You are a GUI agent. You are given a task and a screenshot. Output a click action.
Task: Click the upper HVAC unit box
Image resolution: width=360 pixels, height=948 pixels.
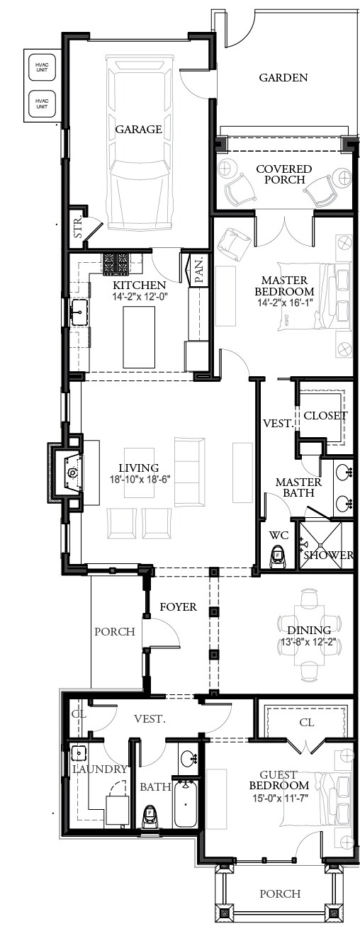click(42, 67)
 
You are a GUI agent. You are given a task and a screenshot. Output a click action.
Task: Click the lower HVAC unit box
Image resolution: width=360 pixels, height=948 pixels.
click(42, 103)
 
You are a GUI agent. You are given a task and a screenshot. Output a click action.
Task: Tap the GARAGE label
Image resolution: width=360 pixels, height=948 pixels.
click(138, 129)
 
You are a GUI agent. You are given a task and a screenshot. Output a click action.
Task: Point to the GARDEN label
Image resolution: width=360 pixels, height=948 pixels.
click(283, 77)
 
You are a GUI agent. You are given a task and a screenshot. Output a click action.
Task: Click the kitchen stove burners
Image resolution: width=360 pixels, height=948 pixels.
click(116, 263)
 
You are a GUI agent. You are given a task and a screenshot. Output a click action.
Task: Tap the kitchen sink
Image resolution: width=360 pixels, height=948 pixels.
click(79, 312)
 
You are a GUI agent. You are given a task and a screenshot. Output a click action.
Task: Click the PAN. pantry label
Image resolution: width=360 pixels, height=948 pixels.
click(201, 270)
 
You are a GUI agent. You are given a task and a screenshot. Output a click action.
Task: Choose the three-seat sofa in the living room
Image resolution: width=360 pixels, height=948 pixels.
click(188, 472)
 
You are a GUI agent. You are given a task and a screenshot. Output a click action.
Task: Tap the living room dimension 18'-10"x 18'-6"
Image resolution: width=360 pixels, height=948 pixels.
click(138, 480)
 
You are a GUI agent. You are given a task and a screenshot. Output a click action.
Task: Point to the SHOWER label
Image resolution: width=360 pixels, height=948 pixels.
click(328, 555)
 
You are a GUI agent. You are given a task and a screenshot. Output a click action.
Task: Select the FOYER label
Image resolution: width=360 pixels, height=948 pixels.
click(179, 607)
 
